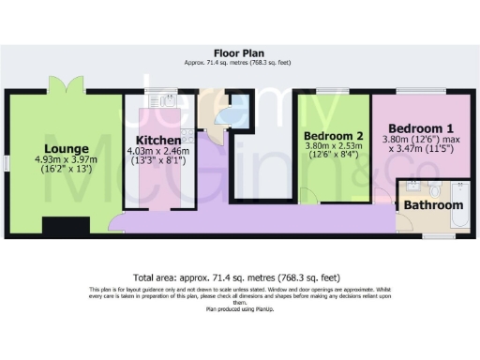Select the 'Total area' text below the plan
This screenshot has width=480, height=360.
click(236, 277)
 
